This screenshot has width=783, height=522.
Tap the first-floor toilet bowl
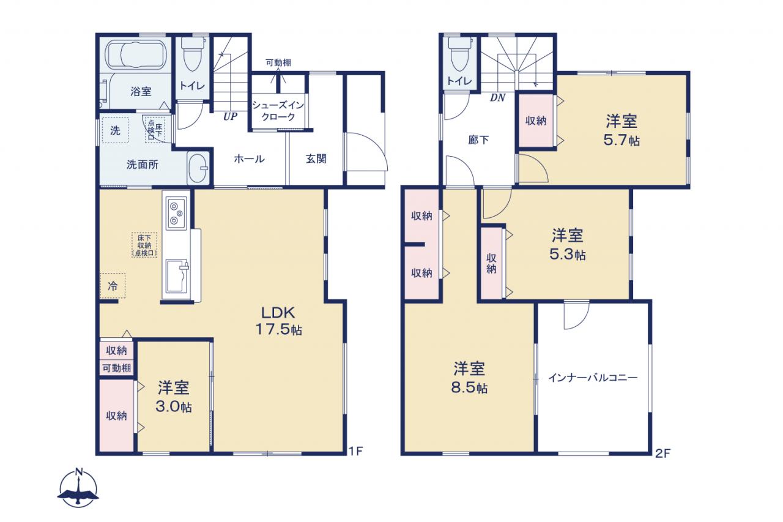[191, 54]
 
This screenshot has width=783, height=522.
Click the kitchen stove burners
[176, 214]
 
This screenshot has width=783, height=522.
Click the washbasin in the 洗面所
[198, 168]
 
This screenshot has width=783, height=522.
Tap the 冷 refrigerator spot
[113, 286]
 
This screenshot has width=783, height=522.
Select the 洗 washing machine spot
[115, 130]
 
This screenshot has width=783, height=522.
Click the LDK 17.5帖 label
[278, 321]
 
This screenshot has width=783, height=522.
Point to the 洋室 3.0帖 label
[173, 397]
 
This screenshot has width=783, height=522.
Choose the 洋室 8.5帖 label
[469, 378]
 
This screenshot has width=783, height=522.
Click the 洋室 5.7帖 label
[622, 130]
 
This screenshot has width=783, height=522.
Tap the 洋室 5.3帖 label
[568, 244]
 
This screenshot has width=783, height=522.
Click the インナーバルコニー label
[593, 378]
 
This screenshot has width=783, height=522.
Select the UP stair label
[231, 116]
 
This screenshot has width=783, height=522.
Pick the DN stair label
[497, 98]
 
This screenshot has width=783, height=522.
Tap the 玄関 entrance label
[316, 159]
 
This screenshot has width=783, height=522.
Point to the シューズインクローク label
[278, 111]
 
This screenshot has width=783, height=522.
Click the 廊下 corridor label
[478, 140]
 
